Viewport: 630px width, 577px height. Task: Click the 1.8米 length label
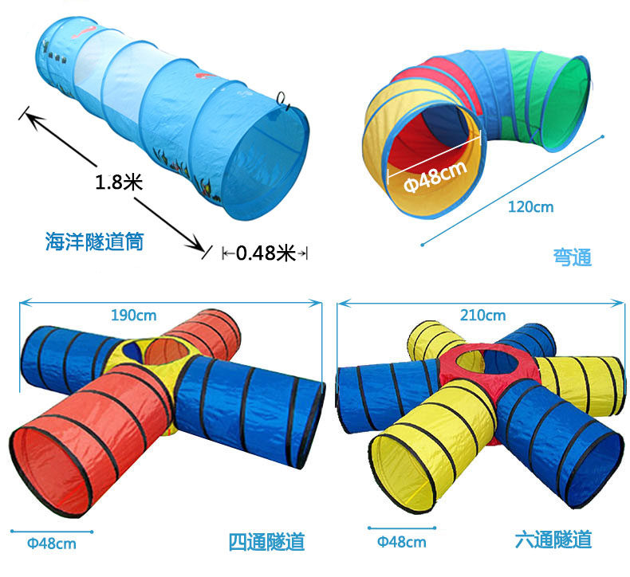[118, 182]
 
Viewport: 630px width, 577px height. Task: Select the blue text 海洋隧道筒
[94, 241]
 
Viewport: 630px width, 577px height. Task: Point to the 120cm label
[530, 207]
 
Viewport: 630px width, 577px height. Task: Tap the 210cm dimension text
[483, 315]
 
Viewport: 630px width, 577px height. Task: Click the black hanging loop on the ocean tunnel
[283, 99]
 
